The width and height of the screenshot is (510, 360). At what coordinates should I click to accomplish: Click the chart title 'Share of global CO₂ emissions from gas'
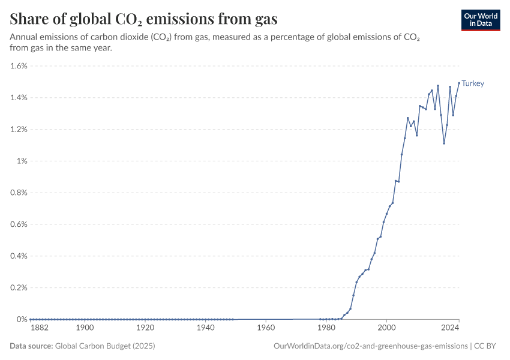[143, 19]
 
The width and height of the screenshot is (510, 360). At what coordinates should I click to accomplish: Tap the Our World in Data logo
[480, 19]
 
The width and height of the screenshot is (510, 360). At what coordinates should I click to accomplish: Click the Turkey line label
[473, 83]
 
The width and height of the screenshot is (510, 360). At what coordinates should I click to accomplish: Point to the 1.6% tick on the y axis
[19, 66]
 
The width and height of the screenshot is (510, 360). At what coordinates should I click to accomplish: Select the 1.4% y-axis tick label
[19, 98]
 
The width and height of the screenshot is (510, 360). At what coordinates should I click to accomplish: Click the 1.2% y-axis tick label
[19, 130]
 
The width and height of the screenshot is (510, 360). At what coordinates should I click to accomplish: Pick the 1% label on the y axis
[22, 161]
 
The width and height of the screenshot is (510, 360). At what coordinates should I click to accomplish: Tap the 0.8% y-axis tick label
[19, 193]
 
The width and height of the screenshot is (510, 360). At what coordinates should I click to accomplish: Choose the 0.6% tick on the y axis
[19, 224]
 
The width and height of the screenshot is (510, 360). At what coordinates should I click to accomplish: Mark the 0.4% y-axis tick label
[19, 256]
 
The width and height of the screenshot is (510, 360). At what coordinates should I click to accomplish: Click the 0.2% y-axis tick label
[19, 287]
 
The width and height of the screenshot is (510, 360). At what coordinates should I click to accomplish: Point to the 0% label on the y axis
[22, 319]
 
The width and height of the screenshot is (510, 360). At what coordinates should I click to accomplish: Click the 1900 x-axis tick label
[85, 328]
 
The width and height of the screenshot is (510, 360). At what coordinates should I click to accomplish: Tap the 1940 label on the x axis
[206, 328]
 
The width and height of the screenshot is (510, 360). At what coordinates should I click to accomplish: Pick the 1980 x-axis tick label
[326, 328]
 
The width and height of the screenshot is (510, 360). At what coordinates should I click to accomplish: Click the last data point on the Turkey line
[459, 83]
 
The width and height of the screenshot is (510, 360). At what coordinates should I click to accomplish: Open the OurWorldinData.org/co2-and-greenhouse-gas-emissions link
[370, 346]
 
